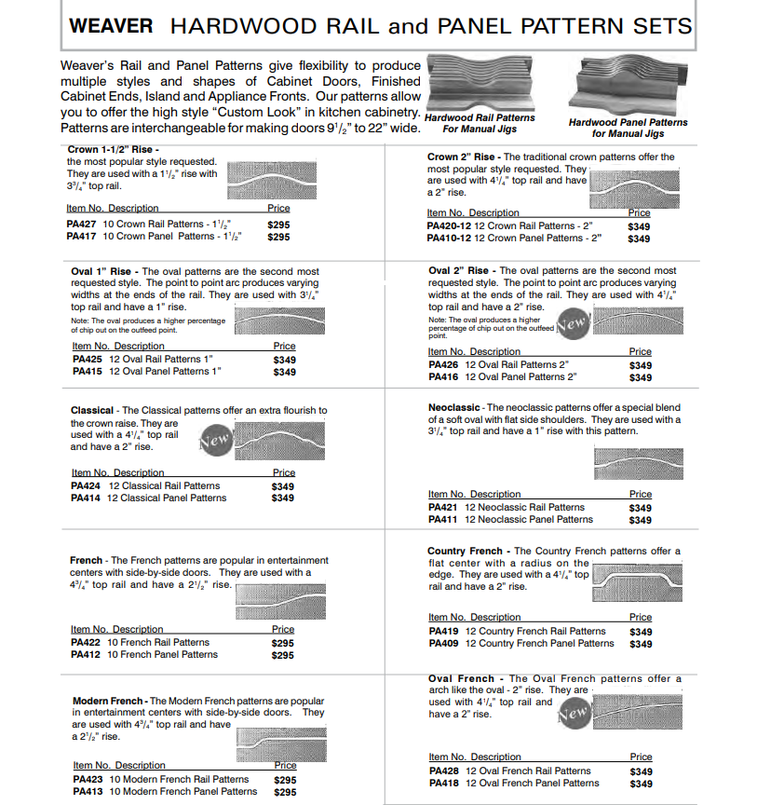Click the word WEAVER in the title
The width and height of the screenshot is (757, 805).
[110, 25]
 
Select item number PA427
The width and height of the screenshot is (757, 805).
[81, 224]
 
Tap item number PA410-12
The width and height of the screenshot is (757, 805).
[449, 239]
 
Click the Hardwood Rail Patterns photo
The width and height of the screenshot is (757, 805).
[480, 84]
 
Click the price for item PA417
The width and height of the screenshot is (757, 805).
[278, 237]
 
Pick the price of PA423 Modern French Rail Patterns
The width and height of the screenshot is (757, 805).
[285, 780]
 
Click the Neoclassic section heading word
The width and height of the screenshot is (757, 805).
[454, 407]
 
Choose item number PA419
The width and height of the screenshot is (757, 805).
[443, 631]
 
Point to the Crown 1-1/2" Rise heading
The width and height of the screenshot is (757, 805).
[114, 149]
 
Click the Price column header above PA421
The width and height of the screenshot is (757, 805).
[641, 495]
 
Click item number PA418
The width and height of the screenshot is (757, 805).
[443, 784]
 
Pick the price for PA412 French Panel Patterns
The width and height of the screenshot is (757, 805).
[282, 655]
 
